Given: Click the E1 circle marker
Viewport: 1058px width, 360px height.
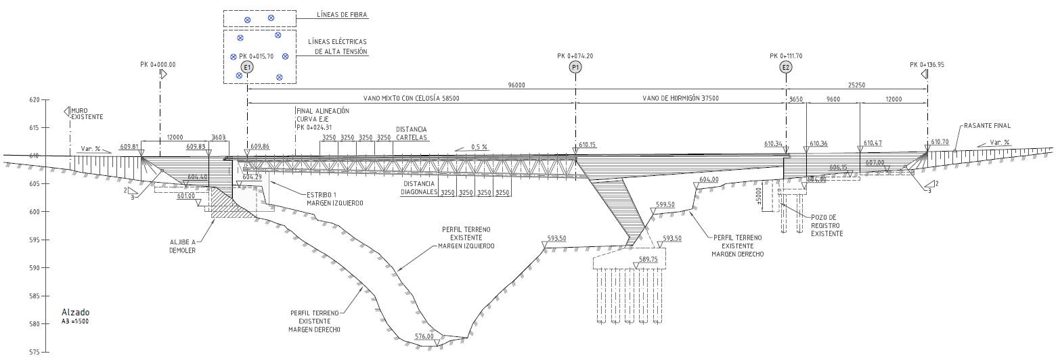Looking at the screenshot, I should click(x=247, y=67).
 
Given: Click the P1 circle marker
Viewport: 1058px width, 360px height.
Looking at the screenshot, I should click(x=575, y=67).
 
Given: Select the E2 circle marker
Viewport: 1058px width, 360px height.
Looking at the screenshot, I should click(x=786, y=67).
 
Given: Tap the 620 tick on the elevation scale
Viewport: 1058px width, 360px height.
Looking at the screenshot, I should click(x=45, y=99).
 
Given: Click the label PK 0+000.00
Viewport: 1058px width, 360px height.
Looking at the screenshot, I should click(x=158, y=64).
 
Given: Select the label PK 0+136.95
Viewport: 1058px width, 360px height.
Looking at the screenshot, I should click(x=927, y=64).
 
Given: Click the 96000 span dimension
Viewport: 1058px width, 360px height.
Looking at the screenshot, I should click(x=516, y=86).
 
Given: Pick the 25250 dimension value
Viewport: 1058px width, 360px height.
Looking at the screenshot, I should click(x=856, y=86).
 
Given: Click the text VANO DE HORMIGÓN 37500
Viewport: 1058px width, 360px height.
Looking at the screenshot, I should click(x=680, y=98).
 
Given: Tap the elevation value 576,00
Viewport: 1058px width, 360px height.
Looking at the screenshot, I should click(x=424, y=336).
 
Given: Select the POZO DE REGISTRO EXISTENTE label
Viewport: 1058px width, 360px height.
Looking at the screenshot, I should click(x=827, y=226).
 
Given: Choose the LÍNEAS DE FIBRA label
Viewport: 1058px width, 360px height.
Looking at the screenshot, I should click(x=342, y=14).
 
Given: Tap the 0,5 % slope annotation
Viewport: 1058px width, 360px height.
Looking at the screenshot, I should click(x=479, y=147).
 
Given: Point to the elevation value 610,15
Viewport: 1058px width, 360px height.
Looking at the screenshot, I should click(x=588, y=144).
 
